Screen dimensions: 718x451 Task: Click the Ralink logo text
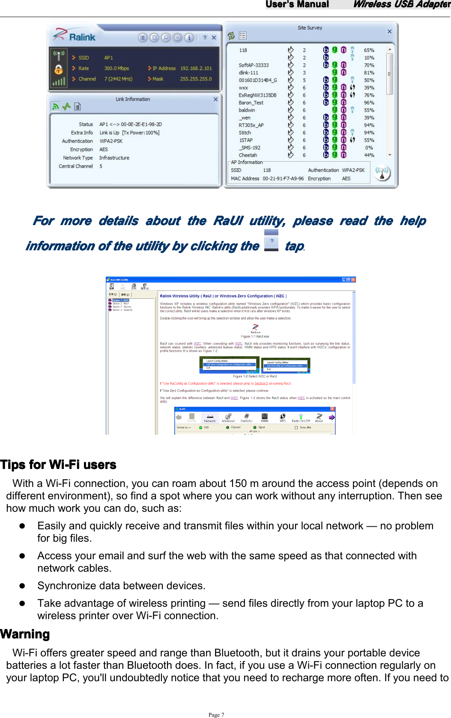click(82, 37)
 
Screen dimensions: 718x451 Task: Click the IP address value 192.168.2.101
click(196, 68)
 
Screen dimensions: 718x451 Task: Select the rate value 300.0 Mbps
click(116, 68)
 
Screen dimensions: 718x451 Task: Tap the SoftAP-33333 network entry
click(254, 65)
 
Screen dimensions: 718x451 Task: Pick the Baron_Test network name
click(251, 103)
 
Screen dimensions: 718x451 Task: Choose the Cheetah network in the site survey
click(248, 155)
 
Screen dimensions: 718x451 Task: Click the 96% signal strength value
click(369, 103)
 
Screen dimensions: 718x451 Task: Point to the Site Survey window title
click(310, 28)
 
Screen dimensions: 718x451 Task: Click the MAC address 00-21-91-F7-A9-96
click(283, 179)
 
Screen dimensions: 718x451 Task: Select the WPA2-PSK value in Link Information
click(111, 141)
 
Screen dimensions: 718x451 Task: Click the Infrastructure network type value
click(114, 158)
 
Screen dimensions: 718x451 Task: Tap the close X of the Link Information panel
click(215, 99)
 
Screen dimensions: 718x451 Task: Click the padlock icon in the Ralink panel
click(59, 69)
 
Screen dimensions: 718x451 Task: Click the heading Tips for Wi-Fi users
click(58, 465)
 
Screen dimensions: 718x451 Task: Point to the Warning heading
click(25, 634)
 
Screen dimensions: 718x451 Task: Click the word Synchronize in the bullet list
click(69, 586)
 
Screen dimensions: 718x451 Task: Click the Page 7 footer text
click(216, 715)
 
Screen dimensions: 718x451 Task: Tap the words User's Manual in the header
click(297, 4)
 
